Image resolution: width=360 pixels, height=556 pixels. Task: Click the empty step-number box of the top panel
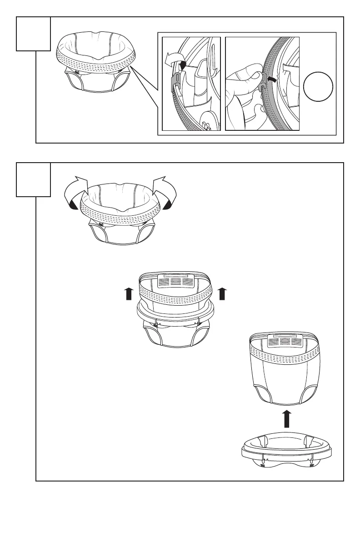coord(33,34)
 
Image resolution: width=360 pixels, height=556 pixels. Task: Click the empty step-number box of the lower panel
coord(33,179)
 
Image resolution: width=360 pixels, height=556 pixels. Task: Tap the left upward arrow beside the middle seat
coord(129,294)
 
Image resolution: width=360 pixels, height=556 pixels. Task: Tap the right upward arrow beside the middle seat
coord(222,294)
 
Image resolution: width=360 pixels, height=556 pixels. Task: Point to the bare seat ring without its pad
coord(288,450)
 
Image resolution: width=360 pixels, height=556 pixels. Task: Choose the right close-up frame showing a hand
coord(263,84)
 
